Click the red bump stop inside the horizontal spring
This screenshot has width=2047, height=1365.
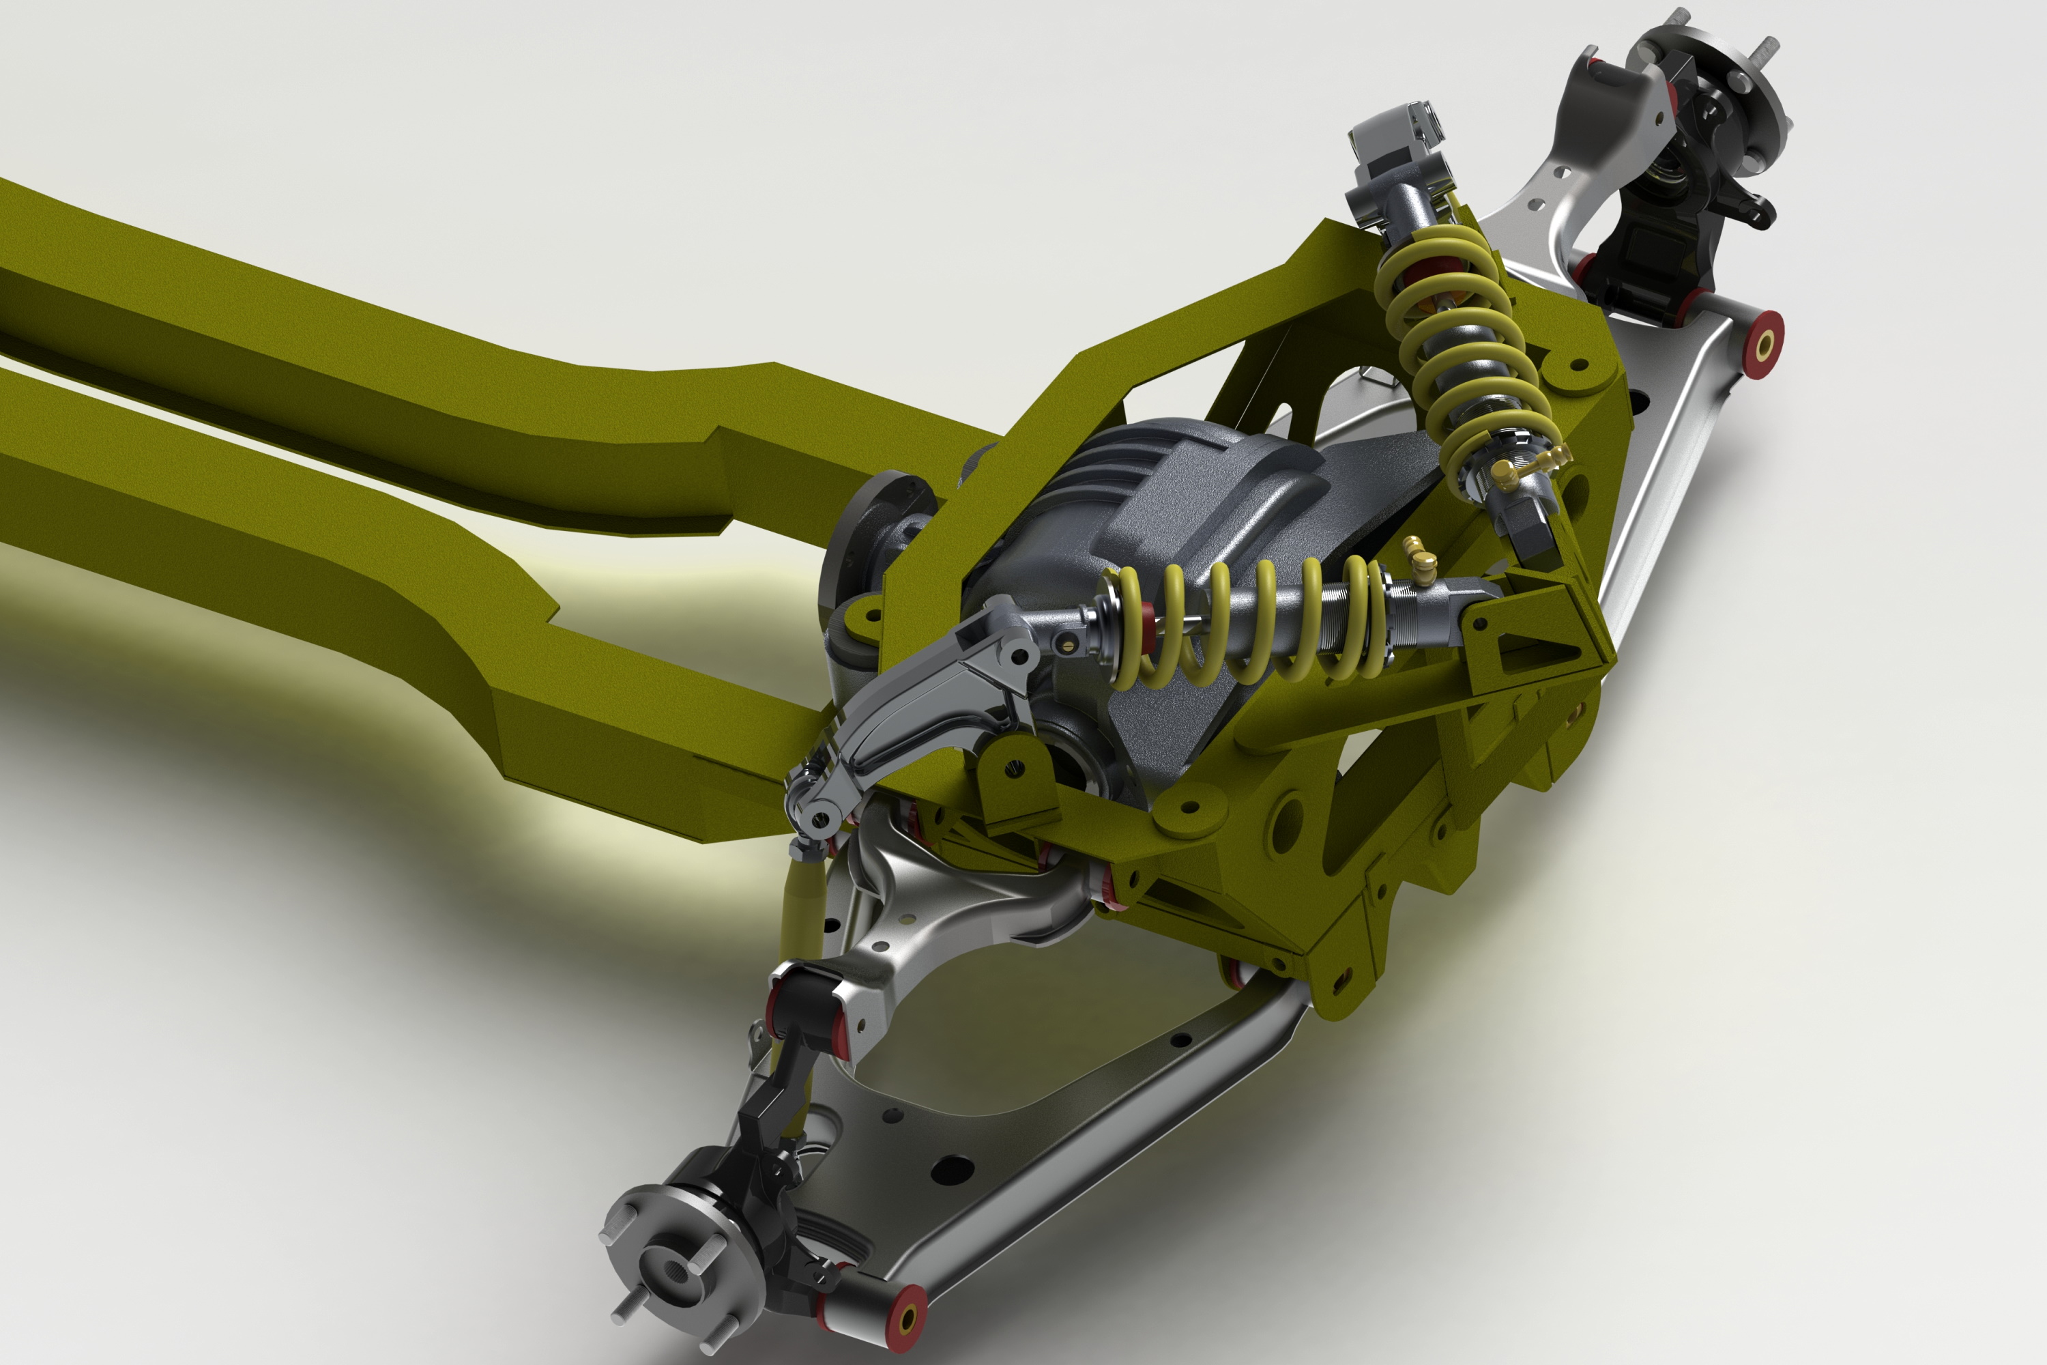tap(1147, 620)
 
